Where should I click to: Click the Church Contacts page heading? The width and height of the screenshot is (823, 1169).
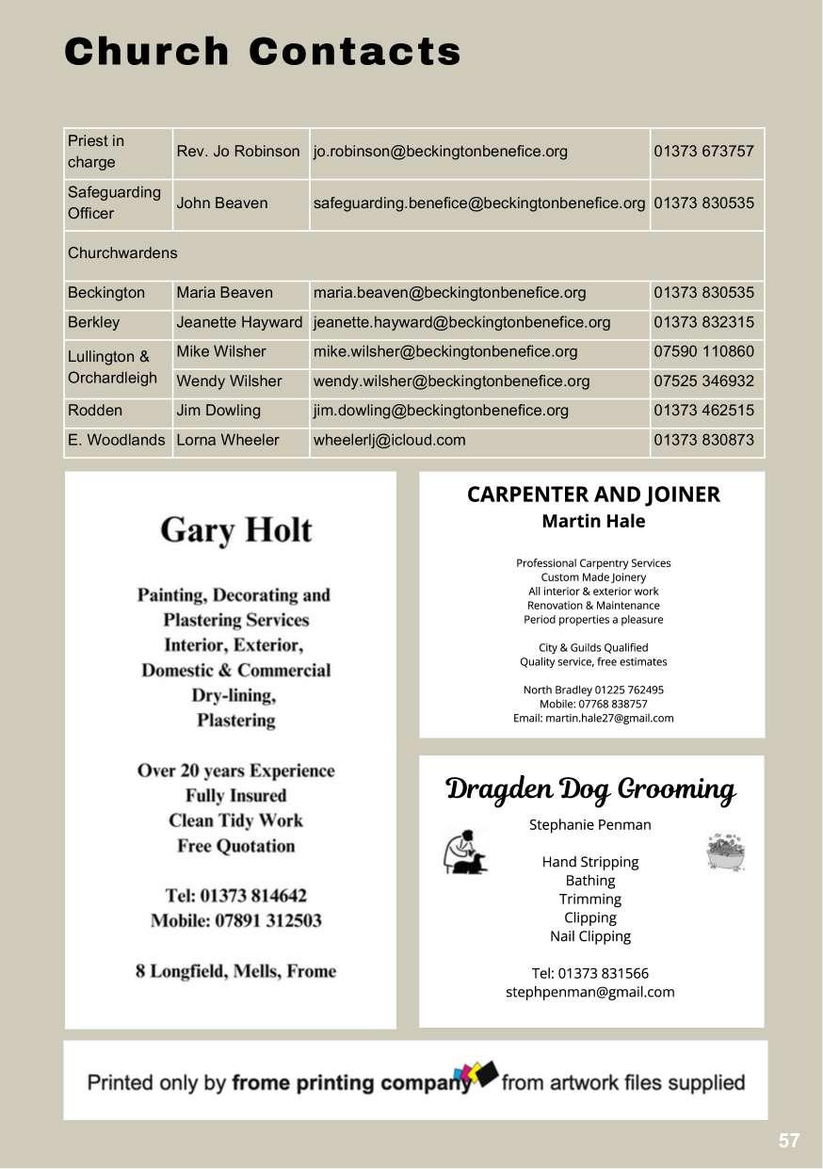coord(263,52)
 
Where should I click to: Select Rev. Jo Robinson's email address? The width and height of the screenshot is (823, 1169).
coord(440,152)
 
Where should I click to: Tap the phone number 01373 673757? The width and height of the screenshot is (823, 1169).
coord(703,152)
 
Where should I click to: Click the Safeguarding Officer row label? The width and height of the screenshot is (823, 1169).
coord(114,203)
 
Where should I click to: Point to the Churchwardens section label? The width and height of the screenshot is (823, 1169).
coord(122,253)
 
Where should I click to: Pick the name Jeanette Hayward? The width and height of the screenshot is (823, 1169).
coord(239,322)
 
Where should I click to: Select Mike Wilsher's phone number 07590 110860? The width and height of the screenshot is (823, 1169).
coord(703,351)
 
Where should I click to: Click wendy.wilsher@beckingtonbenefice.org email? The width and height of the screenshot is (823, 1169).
coord(451,382)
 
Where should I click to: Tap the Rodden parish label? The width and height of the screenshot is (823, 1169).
coord(95,411)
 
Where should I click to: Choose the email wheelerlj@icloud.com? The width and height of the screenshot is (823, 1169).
coord(389,440)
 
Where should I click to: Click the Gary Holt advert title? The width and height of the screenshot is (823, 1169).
coord(235,530)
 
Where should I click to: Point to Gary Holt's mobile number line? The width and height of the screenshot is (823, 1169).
coord(235,920)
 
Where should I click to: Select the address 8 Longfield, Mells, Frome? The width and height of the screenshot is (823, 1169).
coord(235,971)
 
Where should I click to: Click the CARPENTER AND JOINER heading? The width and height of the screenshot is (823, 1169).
coord(593,495)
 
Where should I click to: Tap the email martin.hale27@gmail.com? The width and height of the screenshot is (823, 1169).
coord(593,718)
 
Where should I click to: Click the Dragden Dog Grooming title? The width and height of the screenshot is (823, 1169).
coord(590,789)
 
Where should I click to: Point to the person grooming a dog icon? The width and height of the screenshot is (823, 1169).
coord(465,852)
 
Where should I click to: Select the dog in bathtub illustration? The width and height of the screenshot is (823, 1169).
coord(725,852)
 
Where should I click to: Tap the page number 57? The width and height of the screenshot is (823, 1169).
coord(789,1141)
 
